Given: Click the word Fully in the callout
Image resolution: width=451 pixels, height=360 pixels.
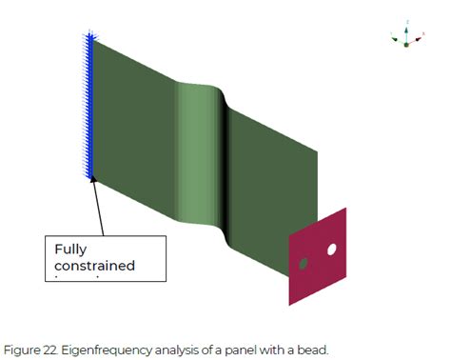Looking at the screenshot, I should (70, 250).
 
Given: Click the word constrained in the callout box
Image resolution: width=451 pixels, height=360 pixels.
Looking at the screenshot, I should (92, 266).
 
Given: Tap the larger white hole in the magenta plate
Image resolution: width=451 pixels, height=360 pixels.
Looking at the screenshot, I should (332, 250).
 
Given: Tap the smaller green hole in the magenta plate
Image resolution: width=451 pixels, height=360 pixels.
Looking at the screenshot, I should (304, 263).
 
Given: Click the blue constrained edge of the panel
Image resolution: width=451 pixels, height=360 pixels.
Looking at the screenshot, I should (90, 105).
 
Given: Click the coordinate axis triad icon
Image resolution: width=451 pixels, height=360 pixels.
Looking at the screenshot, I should (406, 35).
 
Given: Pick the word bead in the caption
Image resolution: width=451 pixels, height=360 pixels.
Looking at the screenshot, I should (312, 349).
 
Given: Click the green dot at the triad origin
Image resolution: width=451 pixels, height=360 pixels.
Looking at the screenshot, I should (406, 44).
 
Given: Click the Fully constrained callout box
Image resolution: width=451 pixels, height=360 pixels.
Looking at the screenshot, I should (106, 258).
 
